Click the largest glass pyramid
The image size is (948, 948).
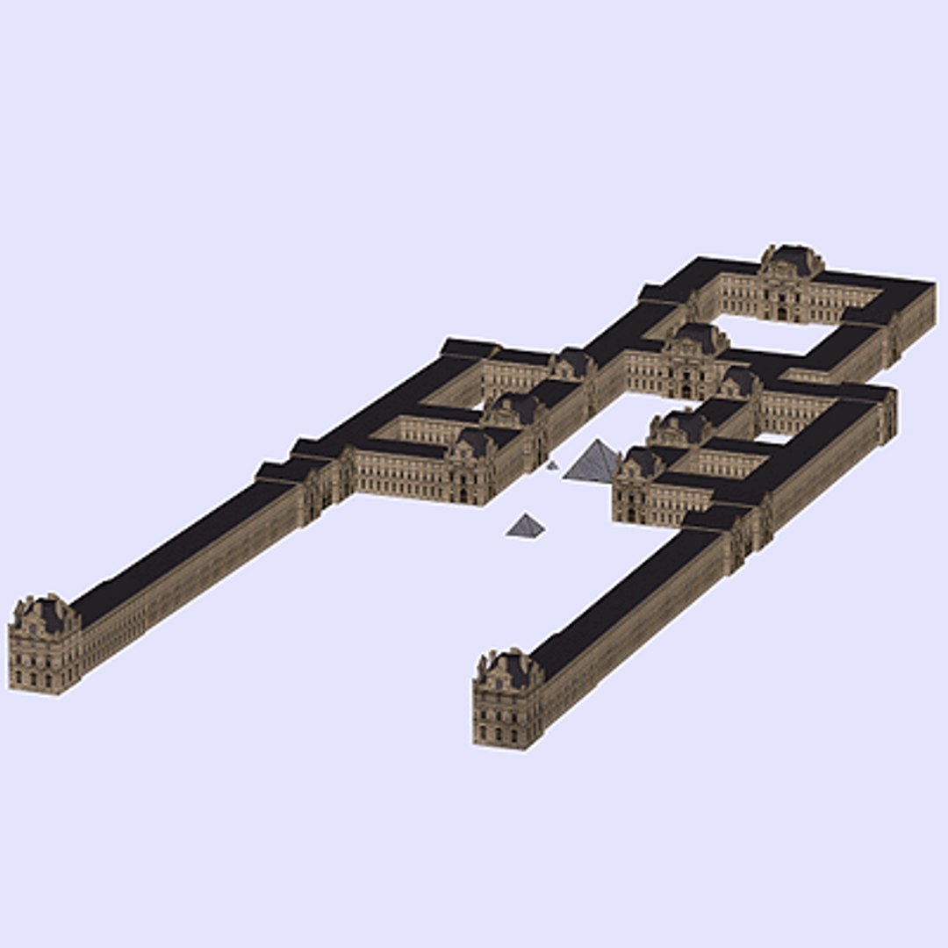pos(593,463)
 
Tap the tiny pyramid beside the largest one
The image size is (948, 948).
pos(552,465)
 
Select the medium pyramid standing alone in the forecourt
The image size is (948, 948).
pos(525,526)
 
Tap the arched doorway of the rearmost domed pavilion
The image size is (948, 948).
pos(781,312)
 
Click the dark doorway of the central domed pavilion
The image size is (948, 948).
pos(686,391)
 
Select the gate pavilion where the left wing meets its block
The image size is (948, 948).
pos(325,483)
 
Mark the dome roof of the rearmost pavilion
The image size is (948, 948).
pos(792,259)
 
